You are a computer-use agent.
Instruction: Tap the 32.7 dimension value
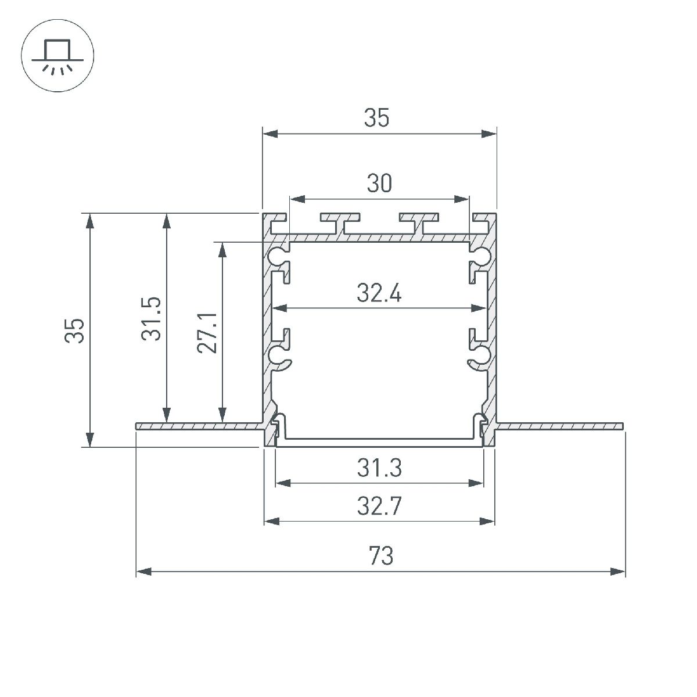pyautogui.click(x=379, y=506)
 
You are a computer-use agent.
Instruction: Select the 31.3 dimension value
pyautogui.click(x=379, y=468)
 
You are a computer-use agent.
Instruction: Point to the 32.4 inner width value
pyautogui.click(x=379, y=293)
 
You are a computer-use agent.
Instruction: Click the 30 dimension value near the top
pyautogui.click(x=379, y=183)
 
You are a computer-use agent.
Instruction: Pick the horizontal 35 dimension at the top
pyautogui.click(x=376, y=117)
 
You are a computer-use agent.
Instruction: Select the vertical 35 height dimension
pyautogui.click(x=74, y=330)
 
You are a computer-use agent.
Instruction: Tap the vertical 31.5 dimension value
pyautogui.click(x=151, y=319)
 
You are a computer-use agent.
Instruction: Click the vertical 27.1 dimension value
pyautogui.click(x=207, y=333)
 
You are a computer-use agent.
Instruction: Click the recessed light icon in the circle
pyautogui.click(x=58, y=56)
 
